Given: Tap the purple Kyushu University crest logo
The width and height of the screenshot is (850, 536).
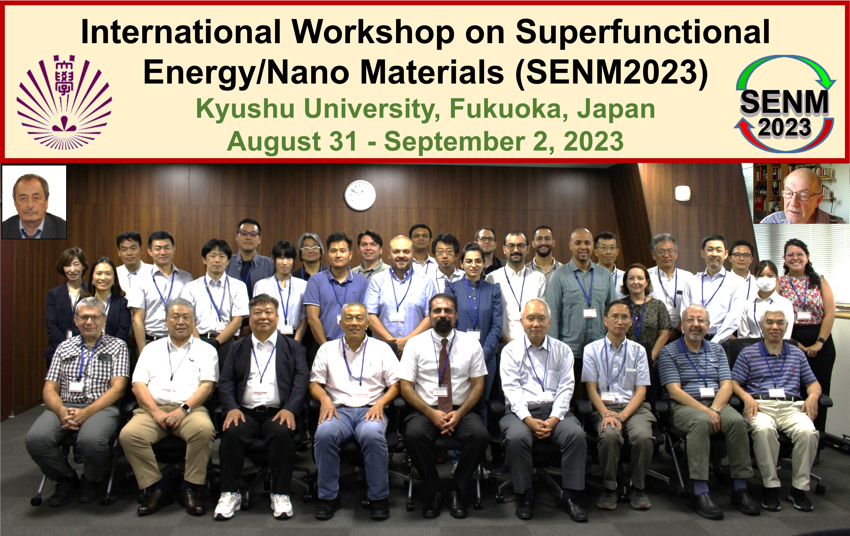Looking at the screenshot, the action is (x=64, y=102).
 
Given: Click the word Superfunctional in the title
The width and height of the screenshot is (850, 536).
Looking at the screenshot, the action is (x=643, y=32).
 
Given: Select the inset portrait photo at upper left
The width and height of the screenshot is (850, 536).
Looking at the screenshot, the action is (x=34, y=202).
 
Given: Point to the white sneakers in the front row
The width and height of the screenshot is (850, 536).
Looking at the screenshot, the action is (x=253, y=505).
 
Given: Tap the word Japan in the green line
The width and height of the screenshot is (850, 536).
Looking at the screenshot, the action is (x=616, y=109).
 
